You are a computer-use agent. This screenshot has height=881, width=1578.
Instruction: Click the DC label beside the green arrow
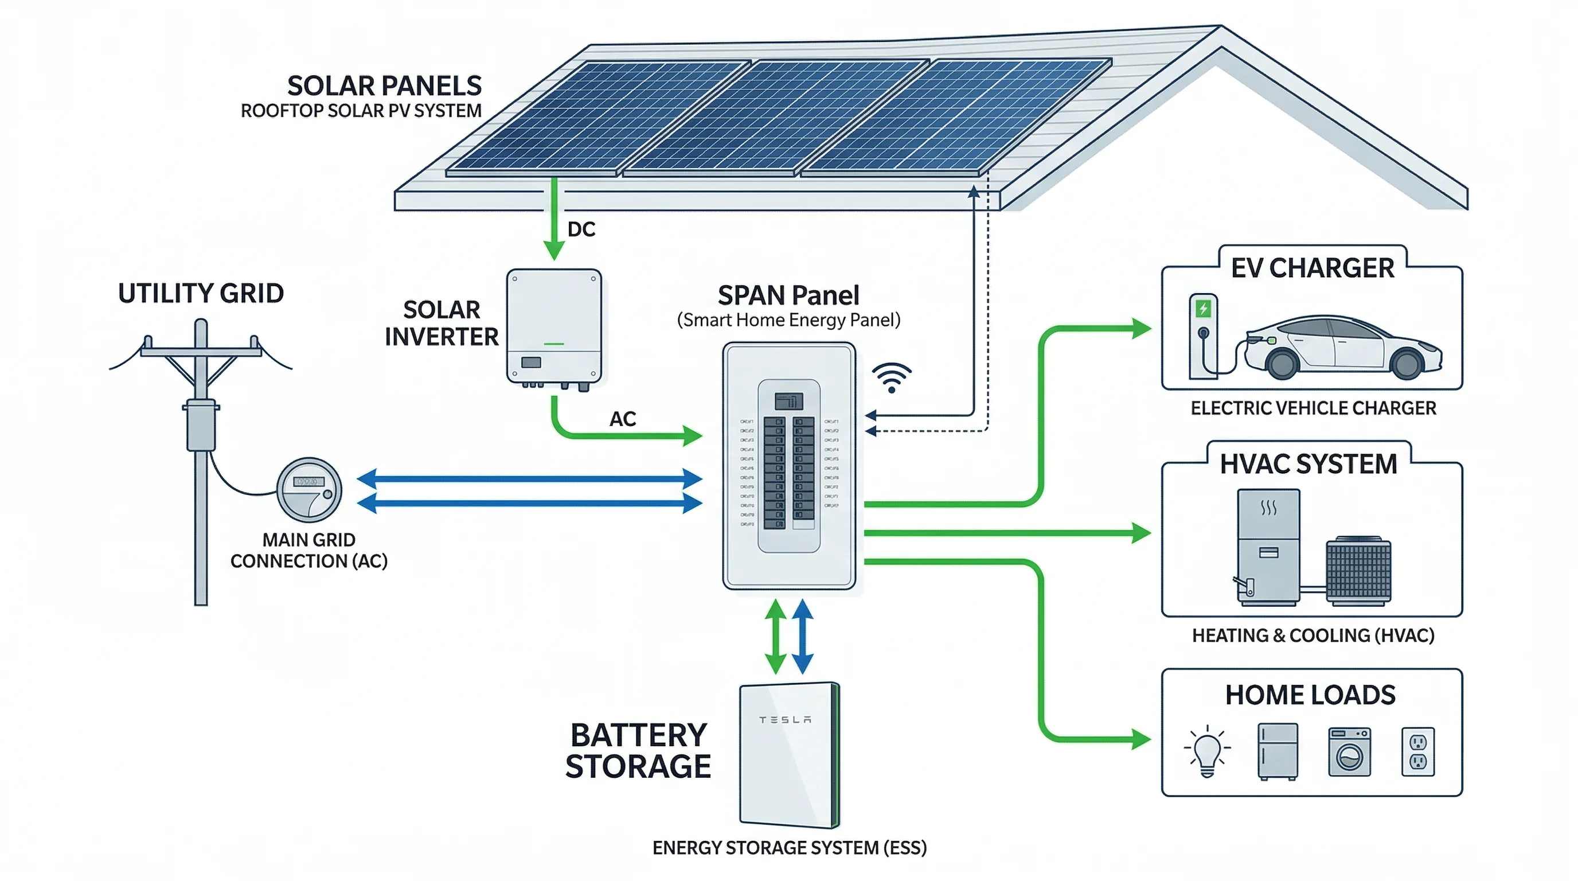581,229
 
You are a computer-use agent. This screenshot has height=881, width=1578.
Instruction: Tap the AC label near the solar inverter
622,419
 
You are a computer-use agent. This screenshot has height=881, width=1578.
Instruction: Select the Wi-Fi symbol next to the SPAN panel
891,377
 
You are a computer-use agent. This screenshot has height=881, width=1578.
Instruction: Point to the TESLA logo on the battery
785,719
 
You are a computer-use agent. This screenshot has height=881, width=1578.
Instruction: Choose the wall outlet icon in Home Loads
1417,752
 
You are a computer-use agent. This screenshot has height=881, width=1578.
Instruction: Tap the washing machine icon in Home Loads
1349,752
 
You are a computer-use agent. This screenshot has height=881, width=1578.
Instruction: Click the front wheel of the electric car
1282,362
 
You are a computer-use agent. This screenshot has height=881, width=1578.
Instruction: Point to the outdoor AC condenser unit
1358,571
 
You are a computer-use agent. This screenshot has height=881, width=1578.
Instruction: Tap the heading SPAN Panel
788,295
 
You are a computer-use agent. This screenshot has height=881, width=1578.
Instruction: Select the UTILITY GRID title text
200,294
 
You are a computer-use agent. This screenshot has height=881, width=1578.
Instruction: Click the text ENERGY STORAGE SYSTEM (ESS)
789,848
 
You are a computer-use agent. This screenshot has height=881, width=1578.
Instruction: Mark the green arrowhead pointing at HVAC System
1140,533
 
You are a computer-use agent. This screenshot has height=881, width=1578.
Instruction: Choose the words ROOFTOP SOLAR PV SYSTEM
361,111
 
